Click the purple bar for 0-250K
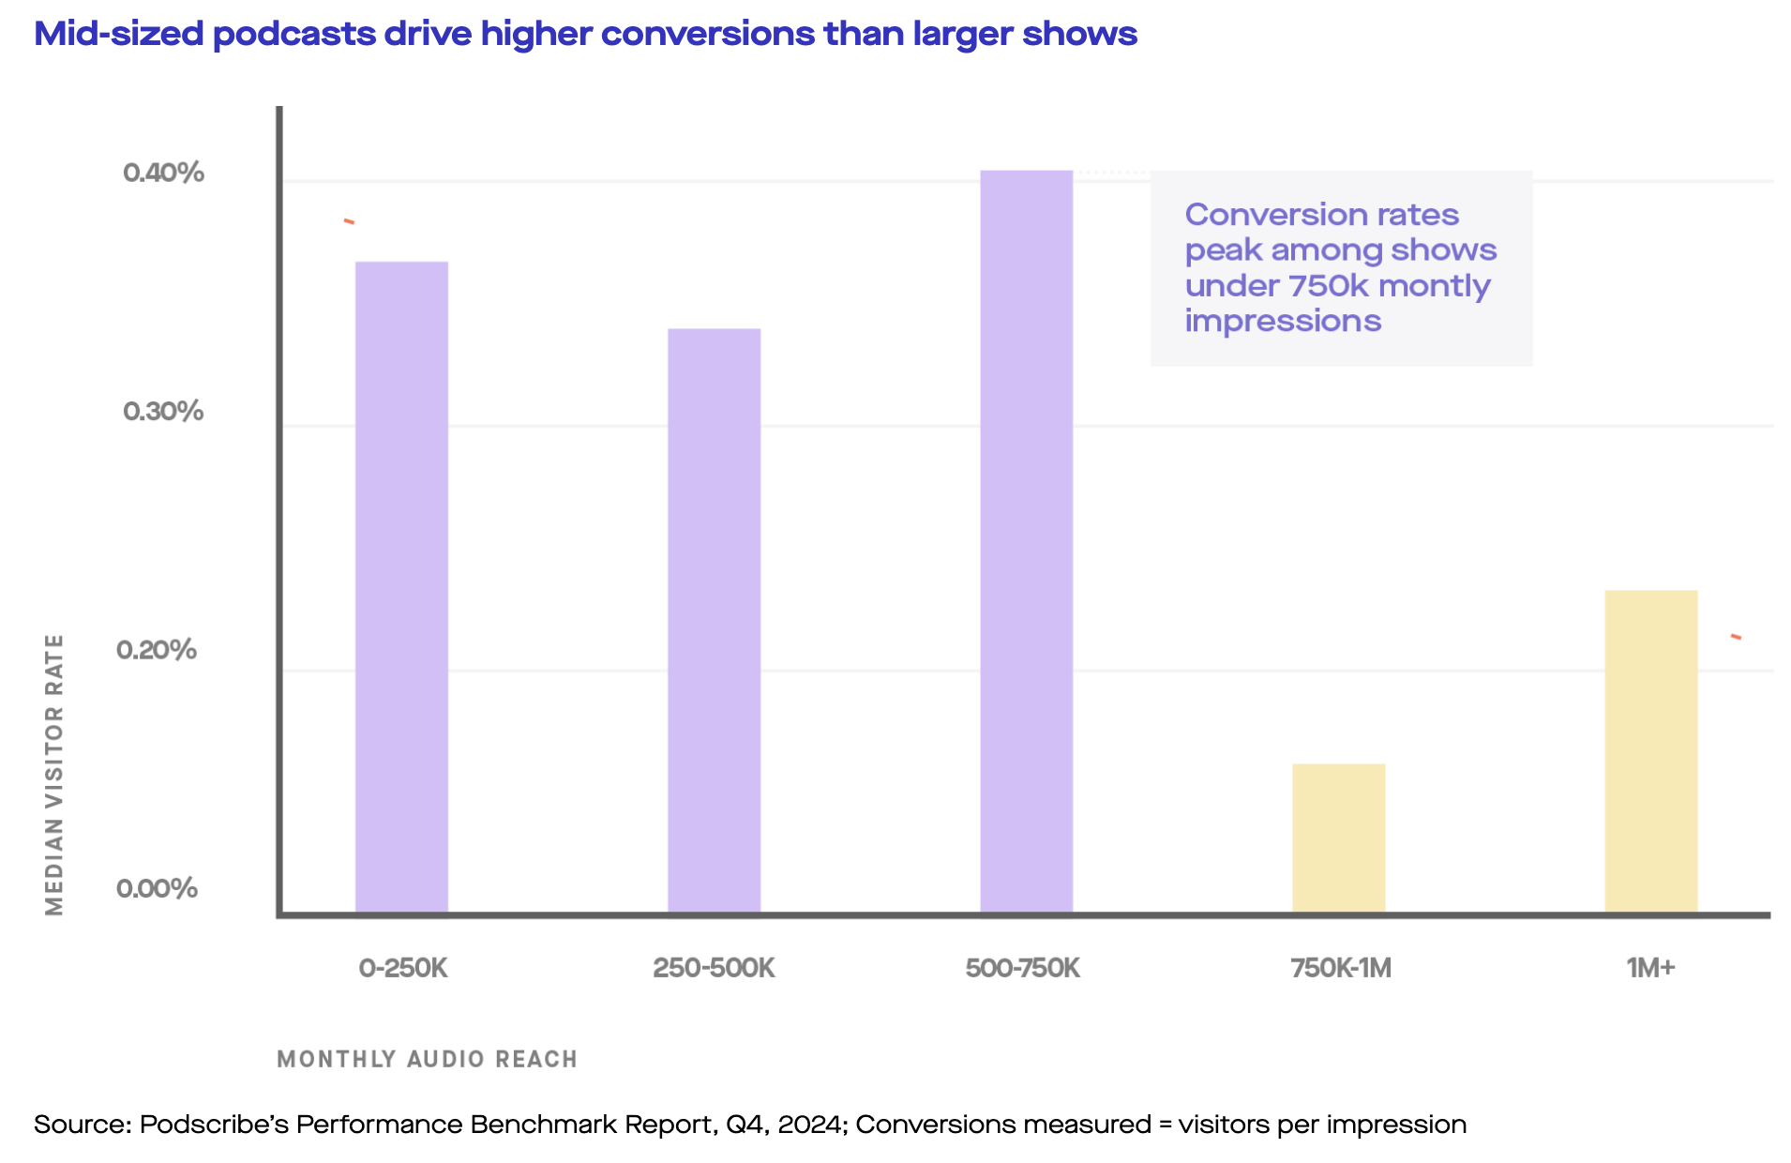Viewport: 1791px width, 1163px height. coord(401,586)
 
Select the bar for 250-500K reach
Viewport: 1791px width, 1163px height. coord(714,619)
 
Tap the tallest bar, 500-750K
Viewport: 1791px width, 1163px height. coord(1026,540)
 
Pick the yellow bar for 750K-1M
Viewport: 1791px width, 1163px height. coord(1338,838)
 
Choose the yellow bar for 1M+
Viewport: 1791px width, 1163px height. coord(1650,750)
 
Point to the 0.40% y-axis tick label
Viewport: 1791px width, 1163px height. coord(163,173)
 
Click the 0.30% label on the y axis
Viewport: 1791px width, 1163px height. coord(163,411)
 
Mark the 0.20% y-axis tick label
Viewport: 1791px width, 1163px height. coord(157,649)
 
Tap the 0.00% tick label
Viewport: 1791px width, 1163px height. coord(157,888)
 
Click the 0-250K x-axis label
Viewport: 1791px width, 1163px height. coord(403,968)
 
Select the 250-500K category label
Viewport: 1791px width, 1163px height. coord(714,968)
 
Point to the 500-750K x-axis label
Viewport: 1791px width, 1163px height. coord(1023,968)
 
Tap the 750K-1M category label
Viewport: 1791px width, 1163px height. coord(1341,968)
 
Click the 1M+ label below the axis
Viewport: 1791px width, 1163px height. coord(1650,968)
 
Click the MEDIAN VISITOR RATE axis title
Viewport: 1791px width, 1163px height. coord(54,774)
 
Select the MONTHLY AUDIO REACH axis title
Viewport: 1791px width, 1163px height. coord(427,1059)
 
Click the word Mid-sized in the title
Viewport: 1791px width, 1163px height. coord(118,34)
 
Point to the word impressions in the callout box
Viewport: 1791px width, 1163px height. coord(1283,321)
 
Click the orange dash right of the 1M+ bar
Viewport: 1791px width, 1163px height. coord(1736,638)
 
